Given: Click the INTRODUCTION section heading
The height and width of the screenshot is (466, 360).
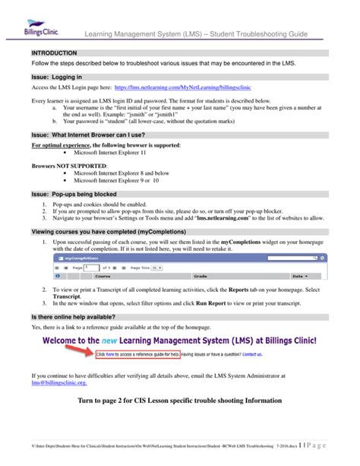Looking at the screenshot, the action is (54, 54).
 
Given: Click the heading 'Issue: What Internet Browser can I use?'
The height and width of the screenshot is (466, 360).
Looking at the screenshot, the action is (89, 134).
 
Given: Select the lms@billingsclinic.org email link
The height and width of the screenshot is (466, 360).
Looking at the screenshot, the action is (55, 384).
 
